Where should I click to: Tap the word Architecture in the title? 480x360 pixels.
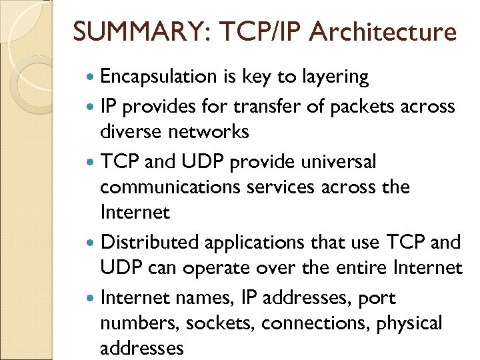click(385, 31)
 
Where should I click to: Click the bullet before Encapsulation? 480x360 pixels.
click(91, 78)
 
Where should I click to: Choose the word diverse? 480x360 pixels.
click(131, 132)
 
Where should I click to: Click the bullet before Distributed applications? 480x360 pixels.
click(91, 242)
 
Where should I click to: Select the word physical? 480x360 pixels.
click(409, 323)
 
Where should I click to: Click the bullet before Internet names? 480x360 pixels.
click(91, 297)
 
